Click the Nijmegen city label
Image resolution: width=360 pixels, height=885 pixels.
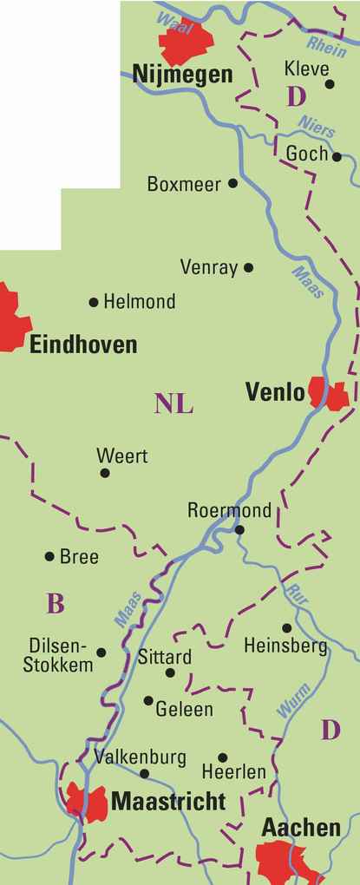tap(182, 75)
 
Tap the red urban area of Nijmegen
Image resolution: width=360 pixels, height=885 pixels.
tap(184, 41)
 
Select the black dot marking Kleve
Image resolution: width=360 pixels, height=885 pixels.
tap(330, 84)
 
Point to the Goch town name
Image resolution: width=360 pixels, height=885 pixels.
tap(306, 154)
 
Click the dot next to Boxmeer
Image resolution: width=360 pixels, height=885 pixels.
tap(232, 183)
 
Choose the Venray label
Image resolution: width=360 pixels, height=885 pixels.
tap(208, 267)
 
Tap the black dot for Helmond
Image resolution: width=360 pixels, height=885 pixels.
tap(94, 302)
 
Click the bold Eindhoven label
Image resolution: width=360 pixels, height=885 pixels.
tap(83, 345)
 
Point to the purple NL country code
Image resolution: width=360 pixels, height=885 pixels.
tap(174, 403)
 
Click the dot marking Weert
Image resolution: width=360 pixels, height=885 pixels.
tap(105, 473)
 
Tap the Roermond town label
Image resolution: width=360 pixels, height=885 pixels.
tap(229, 510)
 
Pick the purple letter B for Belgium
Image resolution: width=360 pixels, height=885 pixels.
tap(56, 604)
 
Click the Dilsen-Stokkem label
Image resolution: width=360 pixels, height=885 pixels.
tap(61, 656)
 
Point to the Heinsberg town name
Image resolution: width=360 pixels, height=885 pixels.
tap(285, 646)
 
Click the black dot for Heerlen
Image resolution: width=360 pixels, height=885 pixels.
tap(223, 757)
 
